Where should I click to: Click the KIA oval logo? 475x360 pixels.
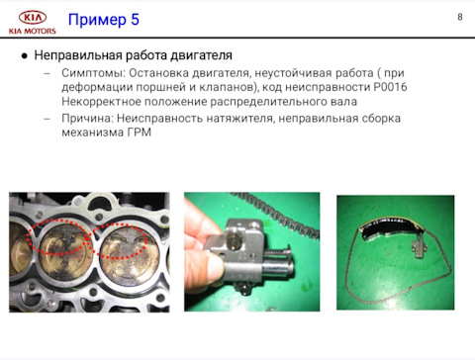pos(33,18)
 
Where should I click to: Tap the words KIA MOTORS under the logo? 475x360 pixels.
pos(33,32)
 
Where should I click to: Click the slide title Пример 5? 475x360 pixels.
pos(104,20)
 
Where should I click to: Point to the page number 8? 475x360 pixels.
pos(460,17)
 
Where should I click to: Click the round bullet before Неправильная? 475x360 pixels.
pos(24,56)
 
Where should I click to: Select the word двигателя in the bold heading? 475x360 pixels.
pos(201,55)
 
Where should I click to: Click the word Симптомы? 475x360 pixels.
pos(94,73)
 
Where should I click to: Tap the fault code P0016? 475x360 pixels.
pos(390,87)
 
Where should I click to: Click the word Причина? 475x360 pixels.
pos(87,118)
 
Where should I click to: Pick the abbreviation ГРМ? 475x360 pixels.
pos(140,133)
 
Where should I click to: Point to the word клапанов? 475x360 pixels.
pos(229,87)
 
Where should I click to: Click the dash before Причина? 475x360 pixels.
pos(47,119)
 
